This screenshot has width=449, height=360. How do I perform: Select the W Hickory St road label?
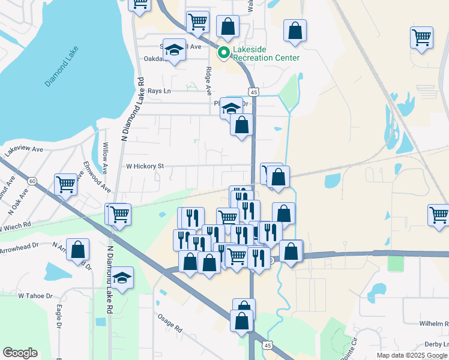point(144,166)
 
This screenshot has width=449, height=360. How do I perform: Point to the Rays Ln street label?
point(159,91)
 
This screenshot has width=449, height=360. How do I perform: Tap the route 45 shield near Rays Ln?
point(255,92)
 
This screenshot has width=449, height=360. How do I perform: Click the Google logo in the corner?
point(20,353)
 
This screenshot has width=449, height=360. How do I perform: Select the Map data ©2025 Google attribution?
point(412,355)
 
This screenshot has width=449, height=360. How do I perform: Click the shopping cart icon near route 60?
point(65,185)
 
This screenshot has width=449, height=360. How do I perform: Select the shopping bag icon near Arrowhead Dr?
point(78,250)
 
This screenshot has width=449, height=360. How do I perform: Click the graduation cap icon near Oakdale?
point(174,50)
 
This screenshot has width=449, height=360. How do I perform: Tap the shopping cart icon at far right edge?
point(439,215)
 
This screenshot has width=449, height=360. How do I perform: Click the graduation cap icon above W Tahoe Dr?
point(122,278)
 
